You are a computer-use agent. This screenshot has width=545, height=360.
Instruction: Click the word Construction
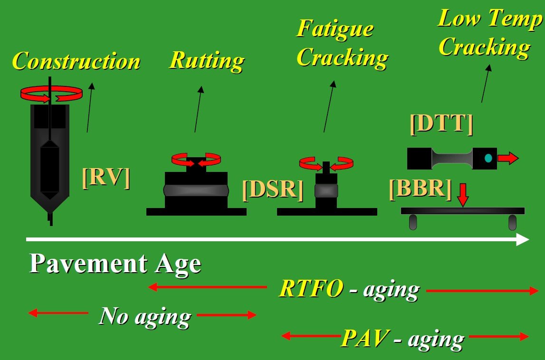76,62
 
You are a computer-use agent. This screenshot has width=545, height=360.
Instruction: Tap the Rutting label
207,60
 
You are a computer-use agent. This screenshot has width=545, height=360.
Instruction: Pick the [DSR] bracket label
272,189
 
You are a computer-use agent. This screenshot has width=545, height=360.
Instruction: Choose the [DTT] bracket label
441,123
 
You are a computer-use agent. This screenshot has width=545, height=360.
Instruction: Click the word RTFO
311,288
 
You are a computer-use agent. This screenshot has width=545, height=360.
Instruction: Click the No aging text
145,316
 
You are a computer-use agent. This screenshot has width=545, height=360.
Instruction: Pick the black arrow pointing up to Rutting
198,109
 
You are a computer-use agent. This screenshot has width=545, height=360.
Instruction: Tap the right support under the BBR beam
512,221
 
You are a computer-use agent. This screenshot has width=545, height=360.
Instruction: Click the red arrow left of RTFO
207,287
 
